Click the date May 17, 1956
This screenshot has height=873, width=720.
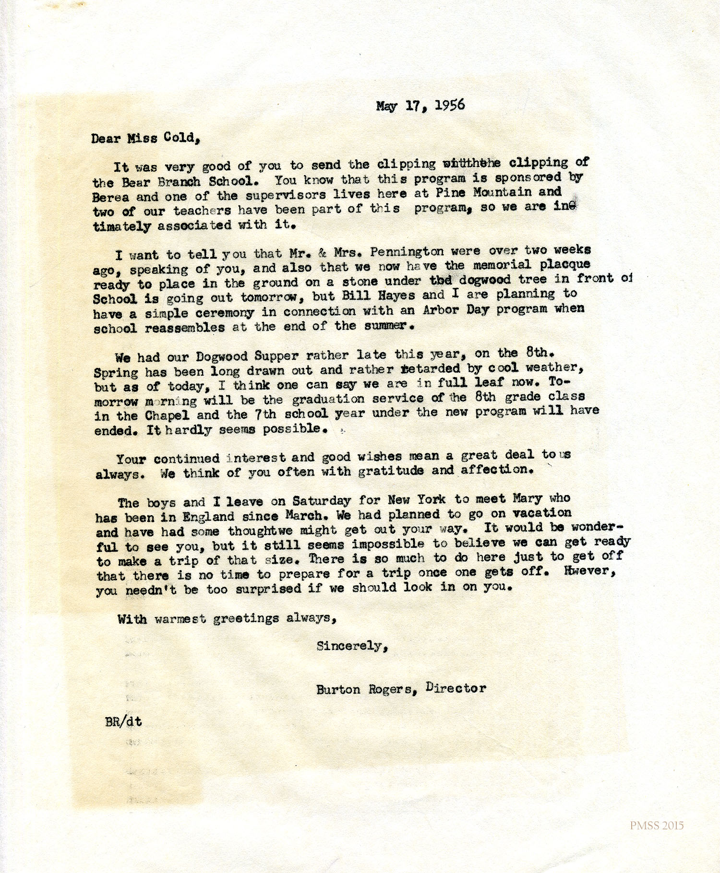coord(420,106)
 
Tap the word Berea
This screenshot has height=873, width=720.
coord(110,197)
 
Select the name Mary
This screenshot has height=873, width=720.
coord(527,498)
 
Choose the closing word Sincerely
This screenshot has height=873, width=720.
coord(351,646)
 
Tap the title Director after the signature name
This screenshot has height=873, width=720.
coord(456,688)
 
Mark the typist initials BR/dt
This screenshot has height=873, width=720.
coord(123,721)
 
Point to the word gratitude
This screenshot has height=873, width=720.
coord(391,471)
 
